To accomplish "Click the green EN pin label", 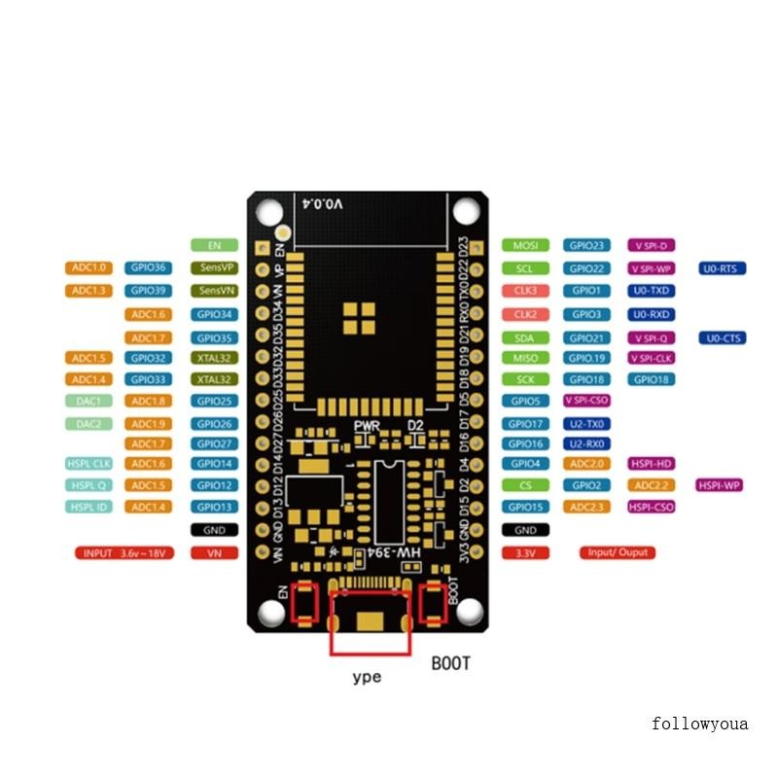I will [214, 245].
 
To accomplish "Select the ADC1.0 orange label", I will [89, 267].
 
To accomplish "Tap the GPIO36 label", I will [149, 267].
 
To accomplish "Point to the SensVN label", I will [214, 291].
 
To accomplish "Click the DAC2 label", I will [89, 424].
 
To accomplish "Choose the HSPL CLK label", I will [89, 464].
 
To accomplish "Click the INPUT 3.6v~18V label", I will [124, 552].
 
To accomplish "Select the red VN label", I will [214, 552].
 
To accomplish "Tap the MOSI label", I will [525, 245].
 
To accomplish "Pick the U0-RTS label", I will [722, 267].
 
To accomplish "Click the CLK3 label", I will [525, 291].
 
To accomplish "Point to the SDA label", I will [525, 337].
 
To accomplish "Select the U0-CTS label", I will [722, 337].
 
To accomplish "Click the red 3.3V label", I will [525, 552].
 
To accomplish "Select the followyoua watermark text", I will [700, 724].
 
